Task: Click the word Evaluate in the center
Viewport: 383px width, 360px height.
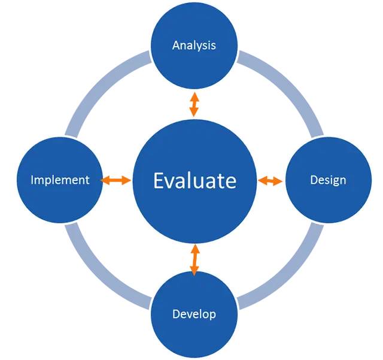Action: pos(194,180)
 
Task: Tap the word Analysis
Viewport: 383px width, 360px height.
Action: pos(194,45)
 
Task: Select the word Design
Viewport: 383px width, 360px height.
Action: pos(328,180)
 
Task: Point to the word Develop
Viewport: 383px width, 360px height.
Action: pos(194,314)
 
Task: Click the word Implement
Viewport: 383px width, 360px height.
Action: pos(60,180)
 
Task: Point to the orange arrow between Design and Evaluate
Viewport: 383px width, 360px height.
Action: pos(272,180)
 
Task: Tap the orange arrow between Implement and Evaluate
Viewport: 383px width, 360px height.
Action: pos(116,180)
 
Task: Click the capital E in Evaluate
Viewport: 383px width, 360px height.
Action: pos(159,180)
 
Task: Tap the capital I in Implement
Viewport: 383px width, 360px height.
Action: pos(32,180)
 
